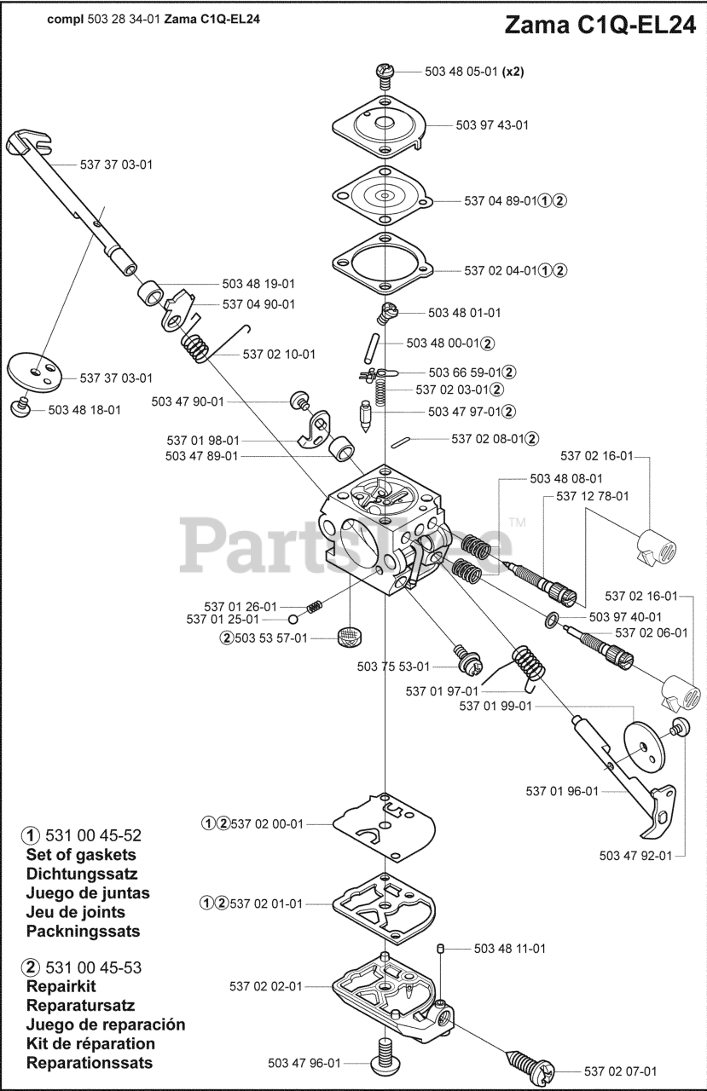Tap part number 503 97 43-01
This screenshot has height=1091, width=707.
[x=492, y=125]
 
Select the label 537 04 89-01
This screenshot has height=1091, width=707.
[x=501, y=201]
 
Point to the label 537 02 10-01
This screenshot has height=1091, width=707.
[x=279, y=354]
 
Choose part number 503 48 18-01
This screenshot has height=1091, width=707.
[x=84, y=410]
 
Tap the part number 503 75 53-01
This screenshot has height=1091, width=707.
[x=393, y=666]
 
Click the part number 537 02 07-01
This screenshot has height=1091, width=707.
[x=620, y=1071]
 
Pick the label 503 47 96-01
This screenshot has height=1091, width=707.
[x=304, y=1063]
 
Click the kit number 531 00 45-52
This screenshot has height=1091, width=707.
[x=95, y=834]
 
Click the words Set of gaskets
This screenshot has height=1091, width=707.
[x=81, y=854]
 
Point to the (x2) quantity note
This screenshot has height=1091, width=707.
[x=513, y=72]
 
